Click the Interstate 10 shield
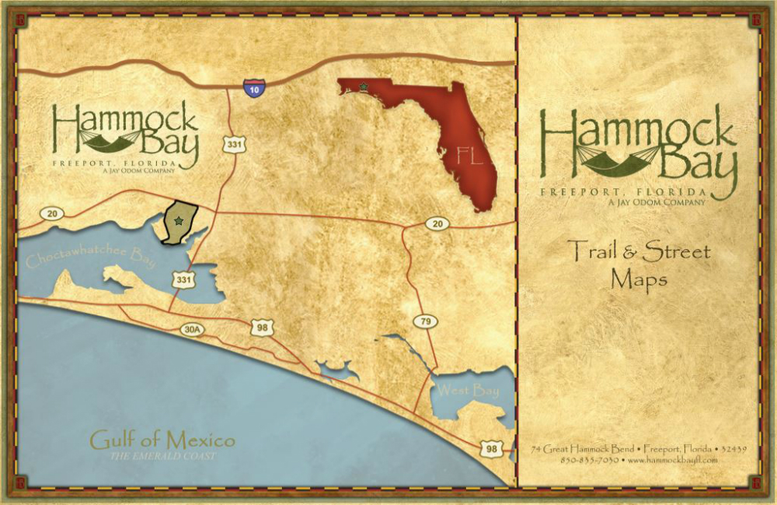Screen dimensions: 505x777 (253, 88)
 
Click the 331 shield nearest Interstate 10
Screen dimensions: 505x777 (233, 144)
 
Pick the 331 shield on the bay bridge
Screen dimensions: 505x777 (183, 279)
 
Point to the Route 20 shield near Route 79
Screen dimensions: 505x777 (437, 224)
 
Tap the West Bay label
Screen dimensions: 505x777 (466, 391)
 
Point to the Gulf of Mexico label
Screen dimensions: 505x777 (162, 440)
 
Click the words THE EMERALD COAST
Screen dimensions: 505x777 (162, 455)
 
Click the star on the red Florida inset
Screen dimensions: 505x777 (363, 86)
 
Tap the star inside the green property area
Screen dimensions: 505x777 (179, 222)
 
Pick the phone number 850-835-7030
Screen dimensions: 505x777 (589, 460)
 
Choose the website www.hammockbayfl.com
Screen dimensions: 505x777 (672, 460)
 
